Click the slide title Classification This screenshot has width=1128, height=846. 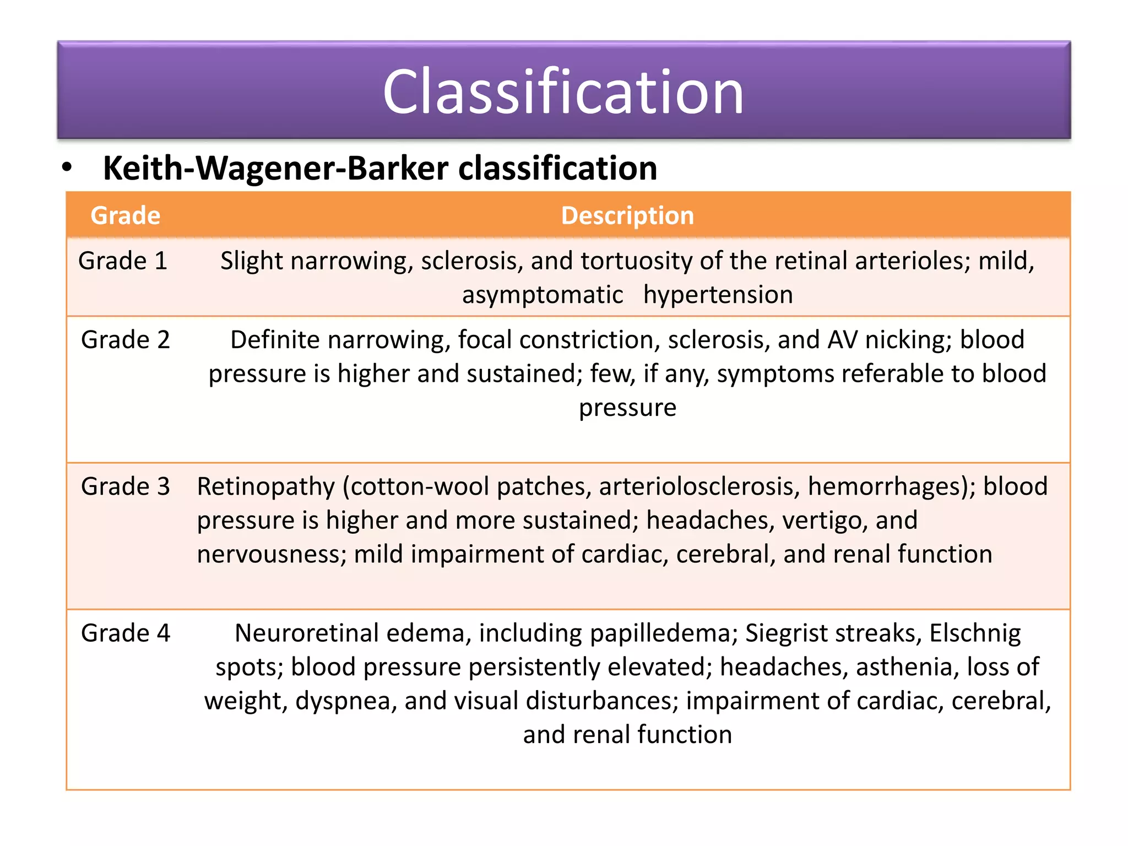point(563,91)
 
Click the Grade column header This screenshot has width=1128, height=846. point(126,215)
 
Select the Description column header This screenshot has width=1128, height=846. point(627,215)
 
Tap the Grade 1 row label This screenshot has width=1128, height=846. point(123,261)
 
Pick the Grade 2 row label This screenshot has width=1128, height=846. point(126,340)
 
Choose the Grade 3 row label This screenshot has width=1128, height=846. point(126,486)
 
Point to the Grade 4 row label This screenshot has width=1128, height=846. point(126,633)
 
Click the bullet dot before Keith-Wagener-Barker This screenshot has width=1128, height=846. point(67,167)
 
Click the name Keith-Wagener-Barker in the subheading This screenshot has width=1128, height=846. point(275,168)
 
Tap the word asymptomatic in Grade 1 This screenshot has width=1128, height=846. point(543,295)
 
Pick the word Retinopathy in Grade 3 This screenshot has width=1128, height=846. point(266,487)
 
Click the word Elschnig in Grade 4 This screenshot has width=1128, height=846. point(975,633)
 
